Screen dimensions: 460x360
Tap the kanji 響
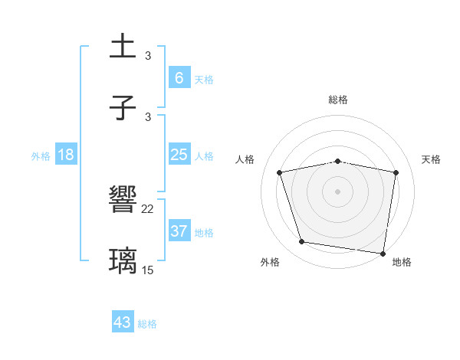pos(124,200)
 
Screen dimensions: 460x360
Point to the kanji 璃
pos(124,260)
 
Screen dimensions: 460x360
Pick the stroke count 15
pos(148,269)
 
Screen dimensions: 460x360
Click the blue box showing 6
pos(179,77)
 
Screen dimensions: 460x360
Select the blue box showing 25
pos(179,155)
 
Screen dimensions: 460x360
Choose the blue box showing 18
pos(66,155)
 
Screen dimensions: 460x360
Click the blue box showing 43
pos(123,322)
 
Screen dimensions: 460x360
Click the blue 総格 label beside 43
pos(147,324)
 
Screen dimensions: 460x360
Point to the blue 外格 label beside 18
pos(41,156)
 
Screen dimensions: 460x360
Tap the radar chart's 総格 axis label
pos(338,100)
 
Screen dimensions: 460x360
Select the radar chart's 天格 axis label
pos(431,159)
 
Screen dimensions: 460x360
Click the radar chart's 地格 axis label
pos(402,262)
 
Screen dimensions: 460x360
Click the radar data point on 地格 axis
pos(383,253)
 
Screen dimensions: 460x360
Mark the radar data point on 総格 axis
pos(338,161)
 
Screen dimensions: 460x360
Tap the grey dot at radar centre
pos(338,191)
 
